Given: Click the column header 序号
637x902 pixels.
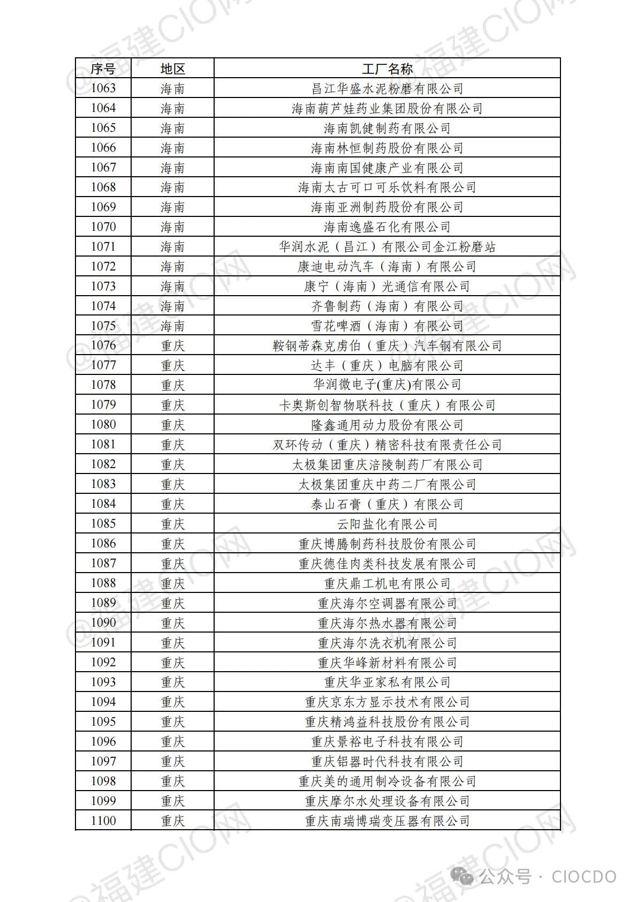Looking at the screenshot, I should pos(103,69).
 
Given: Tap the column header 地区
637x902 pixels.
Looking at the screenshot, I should pos(172,69).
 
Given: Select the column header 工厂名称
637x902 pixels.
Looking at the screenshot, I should pos(387,69).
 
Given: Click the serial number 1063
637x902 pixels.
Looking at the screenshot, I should pos(103,88).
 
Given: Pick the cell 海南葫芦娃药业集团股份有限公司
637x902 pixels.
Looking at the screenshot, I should pos(387,108).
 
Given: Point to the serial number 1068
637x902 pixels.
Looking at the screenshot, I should pos(103,187).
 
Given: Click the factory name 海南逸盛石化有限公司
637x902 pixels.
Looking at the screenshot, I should pos(387,227).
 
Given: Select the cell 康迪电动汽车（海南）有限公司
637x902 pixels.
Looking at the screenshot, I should pos(387,267).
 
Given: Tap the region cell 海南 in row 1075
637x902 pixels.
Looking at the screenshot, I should pos(172,326).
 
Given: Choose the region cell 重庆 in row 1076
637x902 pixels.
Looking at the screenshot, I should pos(172,346).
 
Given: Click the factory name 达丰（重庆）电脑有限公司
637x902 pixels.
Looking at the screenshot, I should pos(387,366).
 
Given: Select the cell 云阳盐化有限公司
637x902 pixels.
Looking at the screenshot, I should pos(387,524).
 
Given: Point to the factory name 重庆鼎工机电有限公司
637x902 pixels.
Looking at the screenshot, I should pos(387,584).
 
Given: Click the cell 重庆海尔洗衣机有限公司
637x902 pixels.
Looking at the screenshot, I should pos(387,643).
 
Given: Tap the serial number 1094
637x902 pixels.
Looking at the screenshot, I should pos(103,702).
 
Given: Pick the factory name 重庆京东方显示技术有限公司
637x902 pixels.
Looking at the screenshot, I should pos(387,702).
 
